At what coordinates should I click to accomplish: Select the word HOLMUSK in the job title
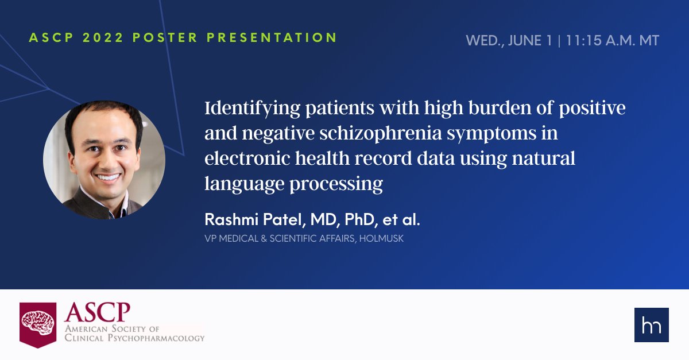(x=383, y=238)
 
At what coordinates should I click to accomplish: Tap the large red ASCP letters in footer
(x=98, y=313)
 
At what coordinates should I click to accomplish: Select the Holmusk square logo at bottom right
(x=651, y=325)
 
